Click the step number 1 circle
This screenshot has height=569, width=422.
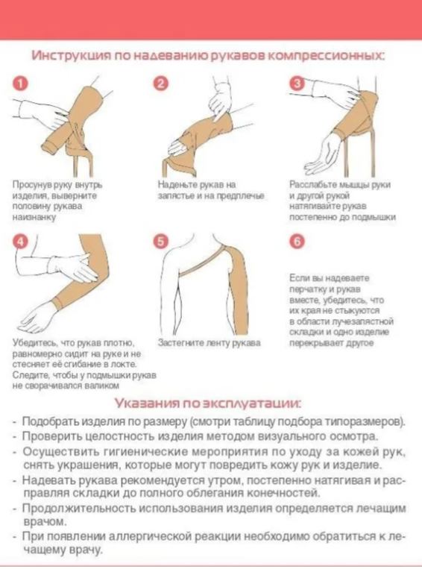[x=20, y=84]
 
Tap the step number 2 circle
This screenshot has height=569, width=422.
[x=161, y=84]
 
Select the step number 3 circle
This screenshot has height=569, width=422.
[x=297, y=84]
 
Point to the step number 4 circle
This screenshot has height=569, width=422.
[x=20, y=242]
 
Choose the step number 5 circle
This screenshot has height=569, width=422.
[x=161, y=242]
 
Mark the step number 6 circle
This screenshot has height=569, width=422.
[x=297, y=242]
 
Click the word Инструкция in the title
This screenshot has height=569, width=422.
[x=70, y=56]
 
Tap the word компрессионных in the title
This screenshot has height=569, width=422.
[x=326, y=56]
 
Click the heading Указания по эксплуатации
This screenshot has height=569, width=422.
[x=207, y=403]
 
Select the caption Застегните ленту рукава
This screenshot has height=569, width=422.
[x=209, y=343]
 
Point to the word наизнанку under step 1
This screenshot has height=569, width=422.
[x=34, y=217]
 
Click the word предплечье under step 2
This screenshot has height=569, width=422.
[x=240, y=195]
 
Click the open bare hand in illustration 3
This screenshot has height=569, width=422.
[x=323, y=154]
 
